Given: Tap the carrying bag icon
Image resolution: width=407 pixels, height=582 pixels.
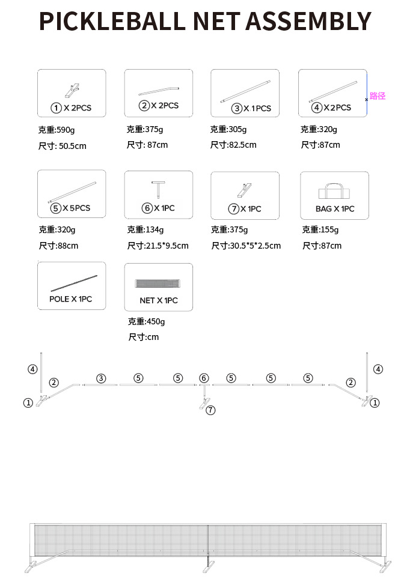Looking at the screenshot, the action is pyautogui.click(x=334, y=192).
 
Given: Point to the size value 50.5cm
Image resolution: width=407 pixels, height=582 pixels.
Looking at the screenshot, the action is pyautogui.click(x=72, y=145).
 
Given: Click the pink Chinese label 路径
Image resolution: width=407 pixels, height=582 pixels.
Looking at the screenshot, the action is pyautogui.click(x=378, y=95).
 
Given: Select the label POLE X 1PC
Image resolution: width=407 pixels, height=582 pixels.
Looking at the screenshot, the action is pyautogui.click(x=71, y=299).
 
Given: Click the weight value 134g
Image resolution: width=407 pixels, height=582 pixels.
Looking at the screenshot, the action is pyautogui.click(x=154, y=229).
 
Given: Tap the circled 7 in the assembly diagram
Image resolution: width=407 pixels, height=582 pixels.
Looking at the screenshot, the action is pyautogui.click(x=210, y=410).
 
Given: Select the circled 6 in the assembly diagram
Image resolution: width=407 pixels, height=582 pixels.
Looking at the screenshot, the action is pyautogui.click(x=204, y=378).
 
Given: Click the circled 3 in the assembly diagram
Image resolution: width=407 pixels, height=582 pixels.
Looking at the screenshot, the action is pyautogui.click(x=101, y=378).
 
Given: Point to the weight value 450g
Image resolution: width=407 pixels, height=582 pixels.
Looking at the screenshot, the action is pyautogui.click(x=155, y=321).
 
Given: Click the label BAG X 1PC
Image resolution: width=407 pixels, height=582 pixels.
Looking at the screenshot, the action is pyautogui.click(x=335, y=209).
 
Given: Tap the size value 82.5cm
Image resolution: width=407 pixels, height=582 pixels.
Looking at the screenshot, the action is pyautogui.click(x=241, y=145).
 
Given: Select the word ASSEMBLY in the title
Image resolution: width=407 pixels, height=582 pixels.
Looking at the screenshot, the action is pyautogui.click(x=308, y=21).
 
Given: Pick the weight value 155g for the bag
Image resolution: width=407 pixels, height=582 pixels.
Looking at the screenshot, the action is pyautogui.click(x=329, y=229).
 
